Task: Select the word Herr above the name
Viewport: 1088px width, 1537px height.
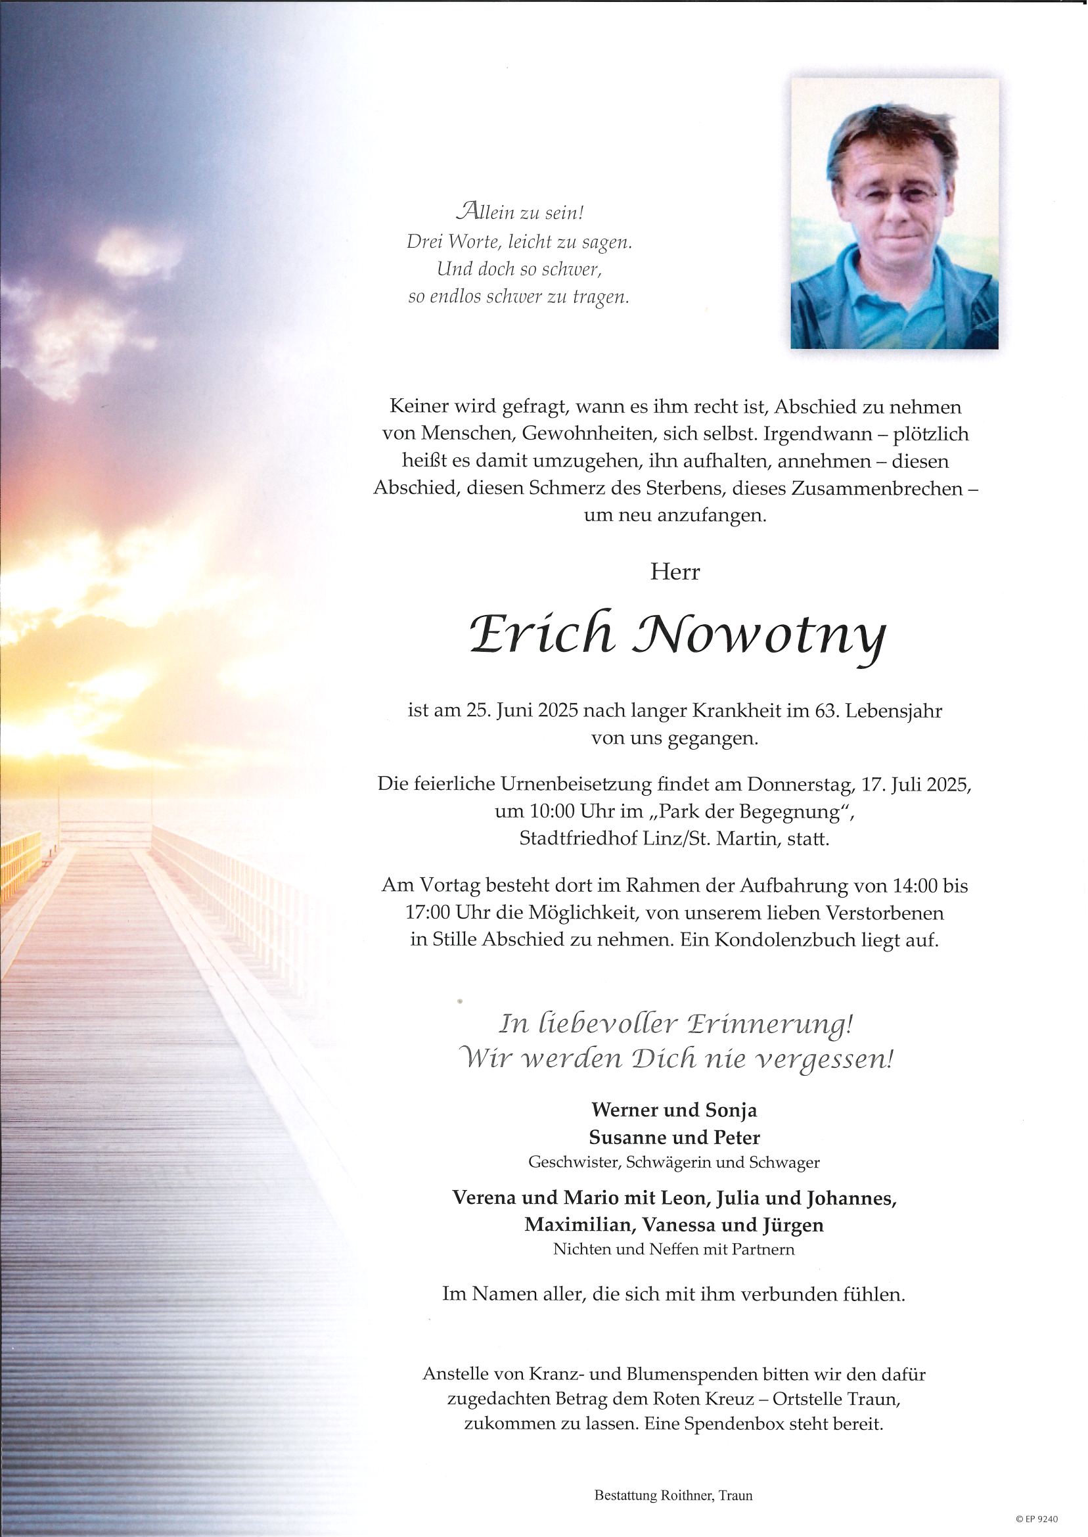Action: pos(675,573)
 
